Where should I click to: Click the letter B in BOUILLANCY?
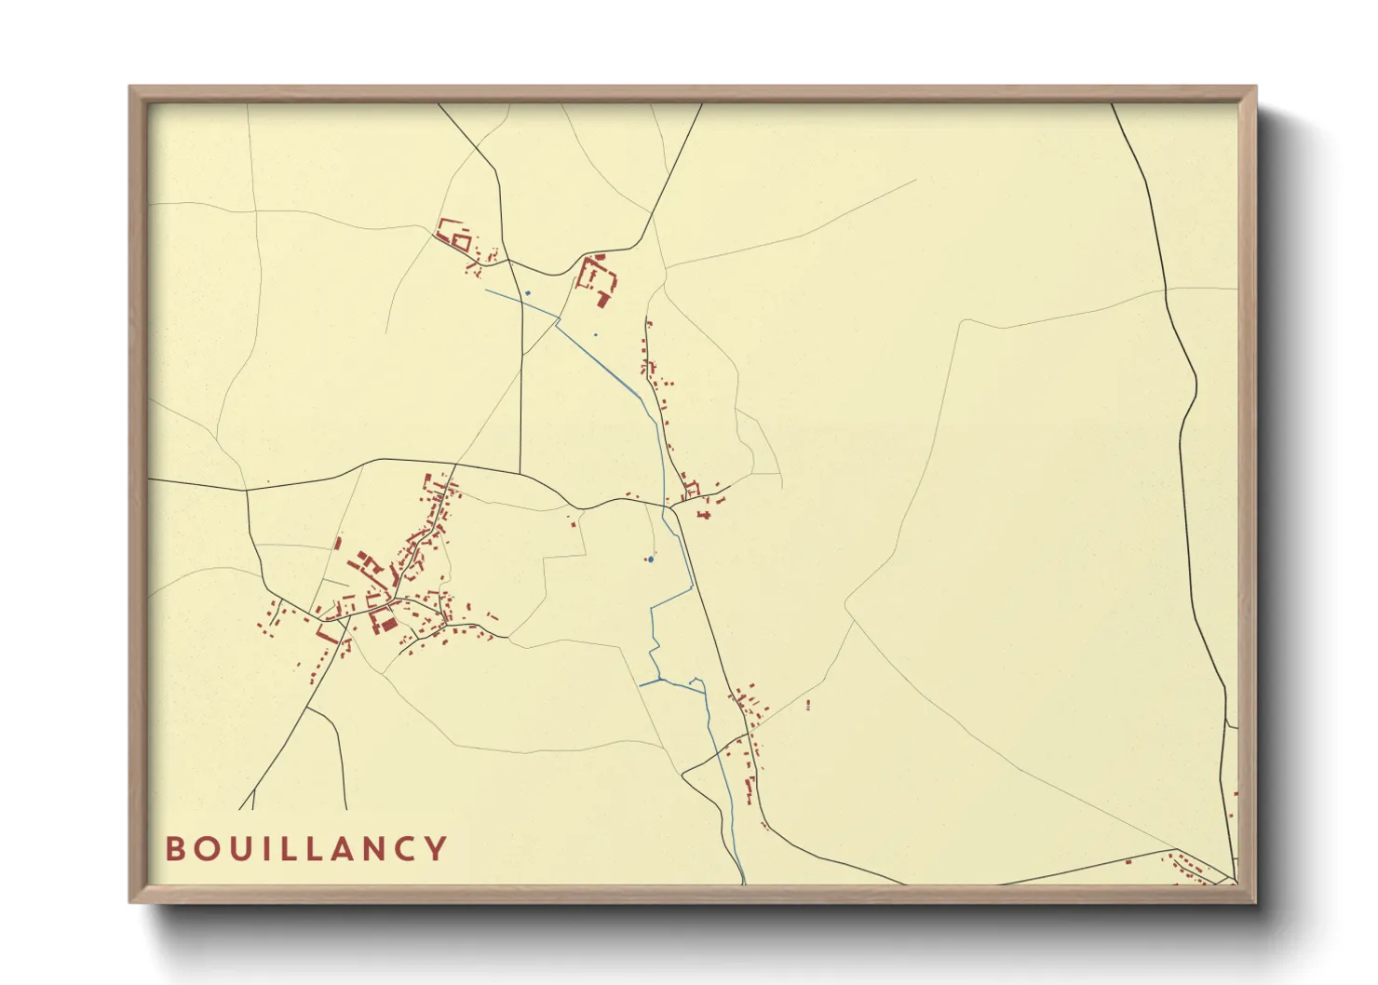pyautogui.click(x=174, y=849)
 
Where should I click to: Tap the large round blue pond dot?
pyautogui.click(x=650, y=560)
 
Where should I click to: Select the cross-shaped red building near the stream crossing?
pyautogui.click(x=705, y=515)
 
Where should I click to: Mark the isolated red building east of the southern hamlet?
pyautogui.click(x=808, y=705)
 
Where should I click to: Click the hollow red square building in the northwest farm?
pyautogui.click(x=460, y=242)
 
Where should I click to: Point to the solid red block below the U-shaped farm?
pyautogui.click(x=603, y=300)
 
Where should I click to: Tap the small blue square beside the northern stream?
pyautogui.click(x=528, y=293)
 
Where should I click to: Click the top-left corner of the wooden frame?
pyautogui.click(x=130, y=88)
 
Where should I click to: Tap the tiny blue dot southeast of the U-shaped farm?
pyautogui.click(x=596, y=334)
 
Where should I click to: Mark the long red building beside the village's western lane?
pyautogui.click(x=328, y=633)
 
